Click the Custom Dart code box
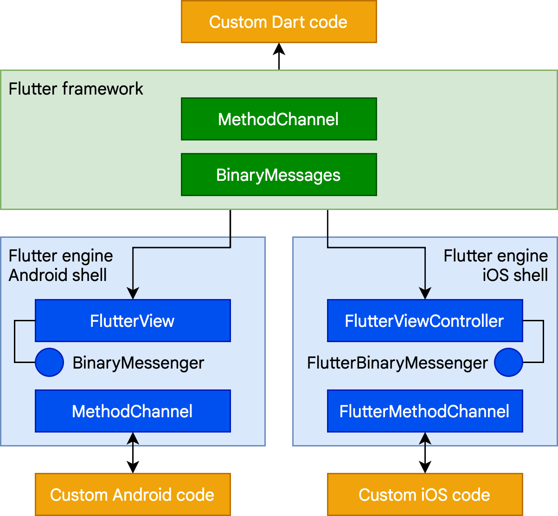tap(278, 22)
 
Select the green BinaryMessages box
tap(278, 175)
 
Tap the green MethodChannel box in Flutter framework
tap(278, 119)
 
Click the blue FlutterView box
tap(133, 321)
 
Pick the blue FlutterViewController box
tap(424, 321)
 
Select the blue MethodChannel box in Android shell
tap(133, 411)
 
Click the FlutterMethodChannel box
tap(424, 411)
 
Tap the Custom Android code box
tap(133, 495)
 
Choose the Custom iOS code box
tap(424, 495)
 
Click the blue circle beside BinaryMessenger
tap(49, 362)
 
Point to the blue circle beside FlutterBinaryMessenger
tap(508, 362)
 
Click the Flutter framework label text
tap(76, 89)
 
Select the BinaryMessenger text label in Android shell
tap(138, 363)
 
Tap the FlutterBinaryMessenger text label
tap(398, 363)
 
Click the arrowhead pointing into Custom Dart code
tap(279, 48)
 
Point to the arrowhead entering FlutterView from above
tap(133, 293)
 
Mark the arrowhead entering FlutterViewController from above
tap(425, 293)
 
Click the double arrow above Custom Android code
tap(133, 453)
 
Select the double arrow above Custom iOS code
tap(425, 453)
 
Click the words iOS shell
tap(515, 275)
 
